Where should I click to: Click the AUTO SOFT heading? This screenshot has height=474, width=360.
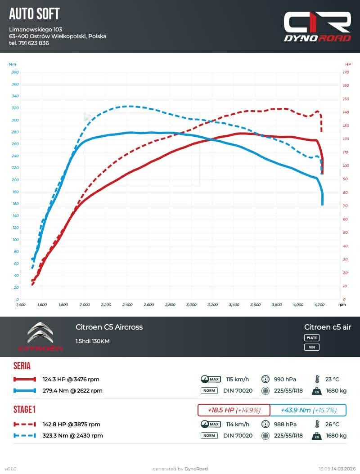point(34,14)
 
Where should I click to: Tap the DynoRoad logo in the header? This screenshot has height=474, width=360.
point(317,27)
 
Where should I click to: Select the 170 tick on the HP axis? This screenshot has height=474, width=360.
point(346,72)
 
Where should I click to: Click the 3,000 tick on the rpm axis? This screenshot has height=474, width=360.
point(191,304)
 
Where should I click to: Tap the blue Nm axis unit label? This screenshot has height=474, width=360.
point(12,64)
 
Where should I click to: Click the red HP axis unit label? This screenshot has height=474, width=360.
point(348,64)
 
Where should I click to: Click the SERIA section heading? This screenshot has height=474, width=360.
point(22,366)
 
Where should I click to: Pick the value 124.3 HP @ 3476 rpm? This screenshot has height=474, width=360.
point(71,379)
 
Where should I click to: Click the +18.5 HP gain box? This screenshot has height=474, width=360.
point(234,410)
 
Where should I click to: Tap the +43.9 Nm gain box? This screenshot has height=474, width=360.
point(308,410)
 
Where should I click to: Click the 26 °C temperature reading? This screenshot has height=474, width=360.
point(330,424)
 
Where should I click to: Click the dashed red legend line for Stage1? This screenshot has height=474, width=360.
point(25,424)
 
